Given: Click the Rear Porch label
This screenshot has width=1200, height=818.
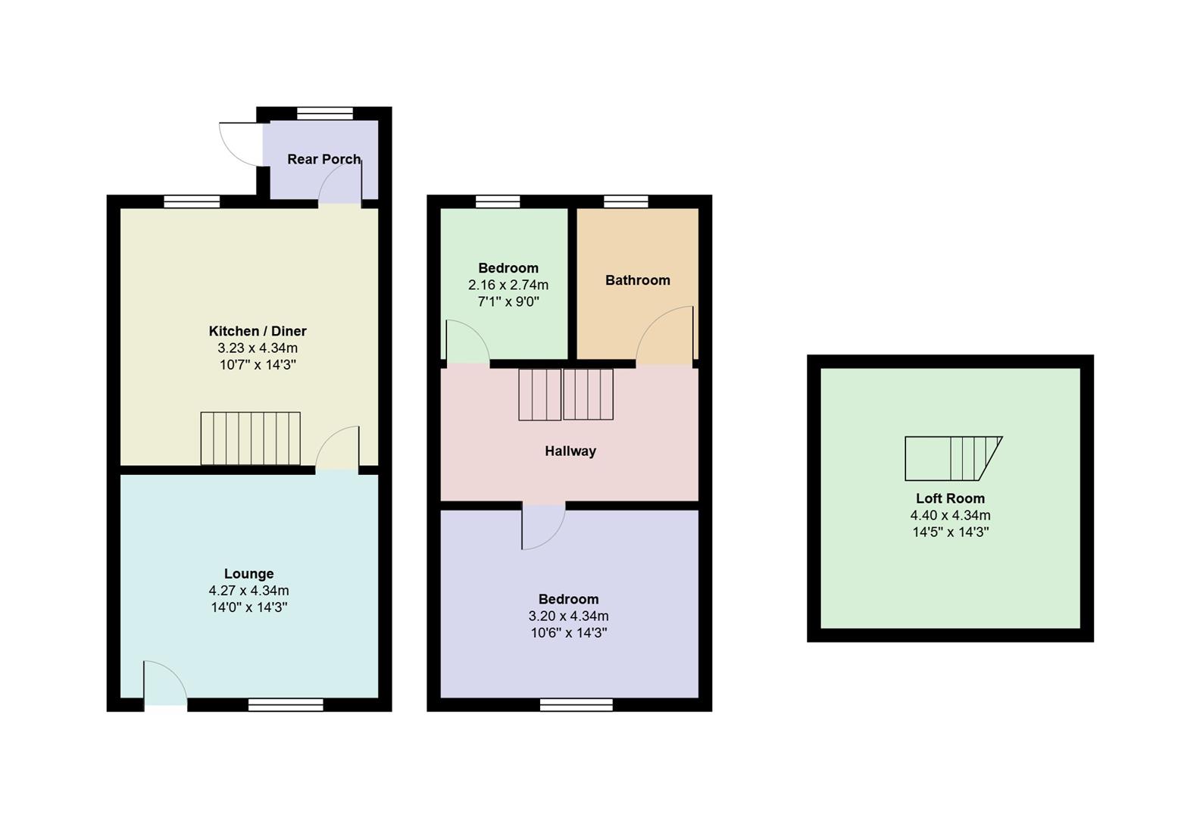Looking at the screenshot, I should click(x=323, y=159).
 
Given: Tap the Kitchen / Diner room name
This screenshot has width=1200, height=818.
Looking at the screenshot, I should click(x=258, y=331).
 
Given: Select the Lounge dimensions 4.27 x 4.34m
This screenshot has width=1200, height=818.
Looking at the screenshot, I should click(x=248, y=591).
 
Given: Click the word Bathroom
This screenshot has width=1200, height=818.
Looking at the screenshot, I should click(x=637, y=280).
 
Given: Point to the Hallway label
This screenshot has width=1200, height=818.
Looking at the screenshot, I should click(x=570, y=451).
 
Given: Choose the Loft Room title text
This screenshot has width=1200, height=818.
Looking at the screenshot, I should click(x=950, y=498).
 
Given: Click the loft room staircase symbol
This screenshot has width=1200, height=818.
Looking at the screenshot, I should click(x=952, y=458).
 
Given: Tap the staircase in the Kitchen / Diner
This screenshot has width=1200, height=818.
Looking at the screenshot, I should click(x=250, y=439).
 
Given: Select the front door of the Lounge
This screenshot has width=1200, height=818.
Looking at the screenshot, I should click(x=165, y=684).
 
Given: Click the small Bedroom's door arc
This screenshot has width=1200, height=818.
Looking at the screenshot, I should click(x=466, y=342).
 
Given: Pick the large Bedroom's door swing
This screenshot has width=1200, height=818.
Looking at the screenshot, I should click(x=542, y=526).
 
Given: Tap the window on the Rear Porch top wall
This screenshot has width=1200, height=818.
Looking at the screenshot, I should click(x=324, y=114).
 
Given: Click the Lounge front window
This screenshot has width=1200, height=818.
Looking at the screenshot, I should click(x=286, y=705).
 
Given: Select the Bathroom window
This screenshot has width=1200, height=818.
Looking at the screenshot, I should click(x=626, y=201).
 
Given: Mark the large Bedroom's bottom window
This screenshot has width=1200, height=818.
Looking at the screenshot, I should click(x=576, y=705).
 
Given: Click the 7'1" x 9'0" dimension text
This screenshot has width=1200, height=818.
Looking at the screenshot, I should click(x=508, y=301).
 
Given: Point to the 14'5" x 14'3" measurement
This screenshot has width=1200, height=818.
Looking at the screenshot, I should click(x=950, y=532).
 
